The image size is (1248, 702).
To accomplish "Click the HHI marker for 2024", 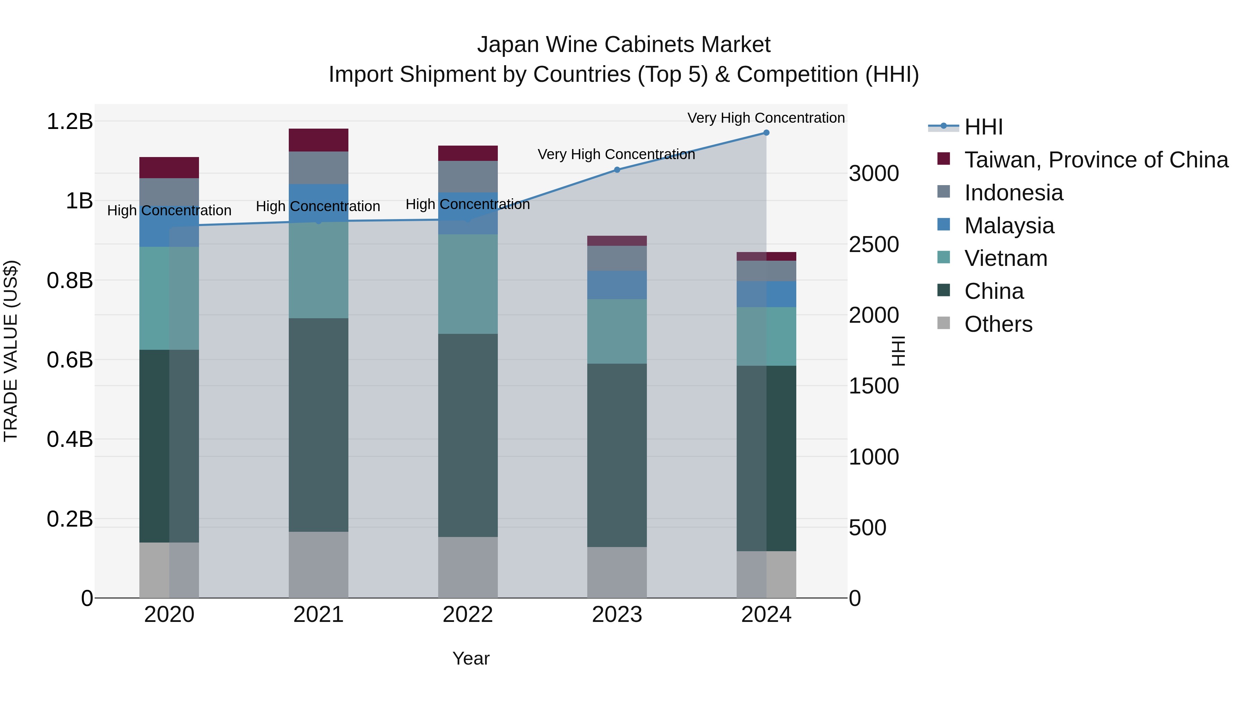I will (x=766, y=132).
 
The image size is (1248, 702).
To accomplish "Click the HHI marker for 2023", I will (x=617, y=170).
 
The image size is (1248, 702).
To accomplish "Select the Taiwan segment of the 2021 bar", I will (x=318, y=140).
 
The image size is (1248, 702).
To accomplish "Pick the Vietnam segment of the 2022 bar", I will (x=468, y=284).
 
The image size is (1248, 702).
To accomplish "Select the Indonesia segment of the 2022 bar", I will (x=468, y=176).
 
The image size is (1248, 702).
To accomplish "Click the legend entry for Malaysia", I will (x=1009, y=226).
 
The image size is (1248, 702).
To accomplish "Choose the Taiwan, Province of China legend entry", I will (x=1096, y=160).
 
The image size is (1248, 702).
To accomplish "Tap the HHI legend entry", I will (x=983, y=127).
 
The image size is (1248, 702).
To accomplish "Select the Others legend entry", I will (x=998, y=324).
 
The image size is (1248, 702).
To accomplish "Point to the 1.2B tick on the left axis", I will (x=70, y=121).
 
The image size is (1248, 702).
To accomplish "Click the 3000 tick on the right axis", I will (x=874, y=173).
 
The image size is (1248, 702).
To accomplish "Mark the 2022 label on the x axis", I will (x=468, y=615).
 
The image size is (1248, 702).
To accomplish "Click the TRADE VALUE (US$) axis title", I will (x=11, y=351).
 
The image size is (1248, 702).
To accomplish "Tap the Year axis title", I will (x=471, y=658).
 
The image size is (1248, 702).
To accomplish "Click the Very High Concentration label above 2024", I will (x=766, y=118).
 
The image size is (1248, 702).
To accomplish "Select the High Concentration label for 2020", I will (x=169, y=210).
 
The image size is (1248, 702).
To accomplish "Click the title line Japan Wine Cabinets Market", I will (x=624, y=45).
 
